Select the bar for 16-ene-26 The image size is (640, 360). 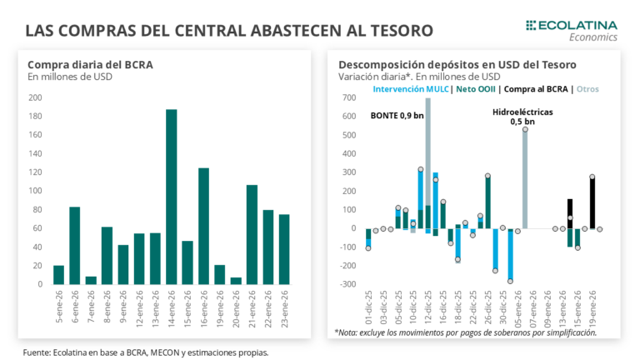(x=203, y=226)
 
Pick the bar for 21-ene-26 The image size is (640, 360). (x=252, y=234)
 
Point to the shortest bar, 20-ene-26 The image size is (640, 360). (x=236, y=281)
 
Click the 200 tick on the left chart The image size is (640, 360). (x=35, y=97)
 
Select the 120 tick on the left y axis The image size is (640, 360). (x=35, y=172)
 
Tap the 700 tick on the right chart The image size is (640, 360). (x=349, y=97)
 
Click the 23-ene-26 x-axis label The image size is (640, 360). (x=285, y=307)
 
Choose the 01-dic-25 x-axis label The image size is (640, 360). (x=368, y=307)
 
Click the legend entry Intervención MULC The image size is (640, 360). (x=411, y=88)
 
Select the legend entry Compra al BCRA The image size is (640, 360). (x=537, y=88)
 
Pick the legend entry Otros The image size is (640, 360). (x=587, y=88)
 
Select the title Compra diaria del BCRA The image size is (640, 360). (x=90, y=64)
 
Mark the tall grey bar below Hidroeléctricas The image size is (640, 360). (x=525, y=178)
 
